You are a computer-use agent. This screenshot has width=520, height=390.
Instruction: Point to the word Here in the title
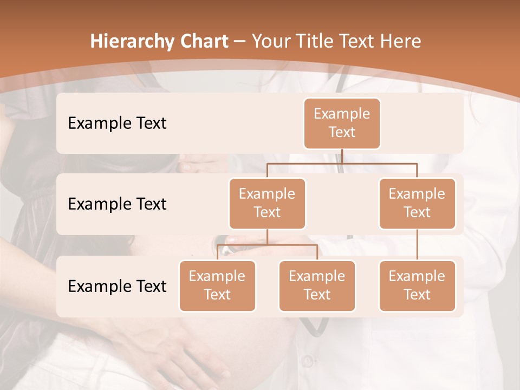click(x=401, y=42)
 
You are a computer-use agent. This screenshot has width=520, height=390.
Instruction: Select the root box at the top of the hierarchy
click(x=342, y=123)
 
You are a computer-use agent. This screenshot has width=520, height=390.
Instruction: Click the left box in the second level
click(x=267, y=203)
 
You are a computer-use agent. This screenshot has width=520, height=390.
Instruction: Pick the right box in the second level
click(x=417, y=203)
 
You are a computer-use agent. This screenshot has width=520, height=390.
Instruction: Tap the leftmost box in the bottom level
click(x=217, y=285)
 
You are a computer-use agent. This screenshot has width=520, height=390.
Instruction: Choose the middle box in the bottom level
click(x=317, y=285)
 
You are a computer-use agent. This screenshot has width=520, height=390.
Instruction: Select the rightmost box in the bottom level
click(x=417, y=285)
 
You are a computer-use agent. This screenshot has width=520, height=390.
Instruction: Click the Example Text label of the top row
click(x=117, y=123)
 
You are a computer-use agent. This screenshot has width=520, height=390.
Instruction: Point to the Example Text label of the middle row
click(x=117, y=204)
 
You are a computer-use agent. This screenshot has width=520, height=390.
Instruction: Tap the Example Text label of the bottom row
click(x=117, y=287)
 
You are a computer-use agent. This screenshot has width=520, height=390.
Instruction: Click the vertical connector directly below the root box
click(x=342, y=156)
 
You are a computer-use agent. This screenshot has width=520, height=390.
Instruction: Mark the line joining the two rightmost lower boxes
click(x=417, y=245)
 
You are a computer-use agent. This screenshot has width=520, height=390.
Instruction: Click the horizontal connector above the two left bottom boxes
click(x=267, y=245)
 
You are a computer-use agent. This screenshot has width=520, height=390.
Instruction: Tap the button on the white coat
click(x=307, y=360)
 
